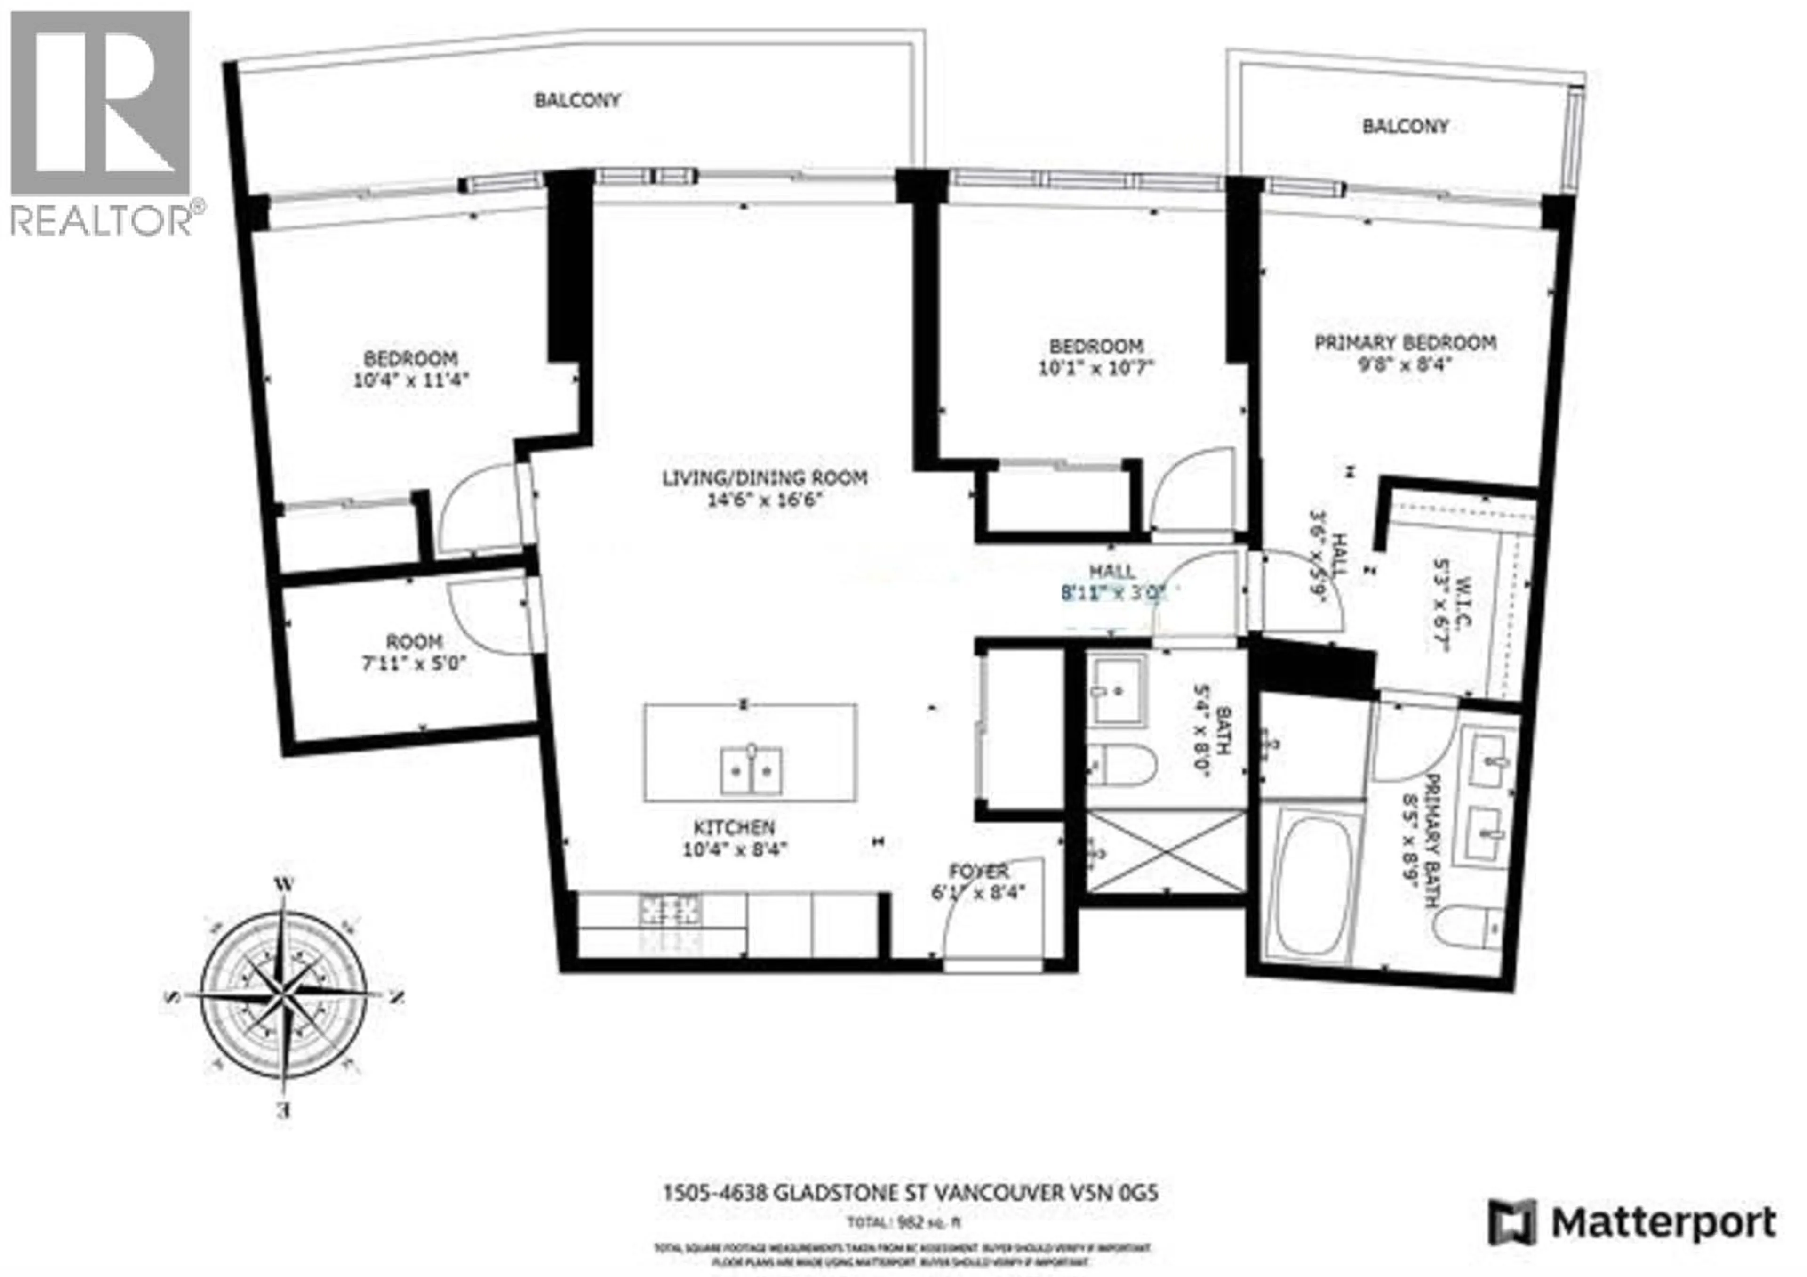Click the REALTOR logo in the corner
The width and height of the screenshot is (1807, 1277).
pyautogui.click(x=101, y=122)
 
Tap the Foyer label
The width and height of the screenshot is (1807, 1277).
pyautogui.click(x=978, y=872)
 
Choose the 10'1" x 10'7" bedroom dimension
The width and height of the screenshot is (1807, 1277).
pyautogui.click(x=1095, y=368)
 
